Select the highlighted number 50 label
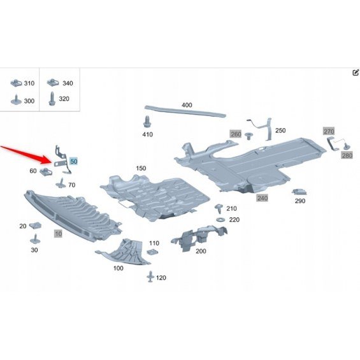[74, 161]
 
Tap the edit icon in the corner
[356, 73]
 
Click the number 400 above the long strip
[187, 105]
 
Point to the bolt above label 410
[147, 122]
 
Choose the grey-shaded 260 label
[236, 134]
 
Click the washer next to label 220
[220, 220]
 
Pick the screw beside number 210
[219, 208]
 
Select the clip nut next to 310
[17, 83]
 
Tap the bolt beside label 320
[52, 99]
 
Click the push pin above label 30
[35, 239]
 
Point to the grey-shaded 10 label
[59, 234]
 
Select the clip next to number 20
[35, 225]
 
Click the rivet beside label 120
[150, 277]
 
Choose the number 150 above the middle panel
[141, 168]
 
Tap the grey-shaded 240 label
[262, 198]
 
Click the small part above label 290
[299, 192]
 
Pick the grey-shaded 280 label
[347, 155]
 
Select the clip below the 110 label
[152, 252]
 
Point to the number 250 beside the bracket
[280, 131]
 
